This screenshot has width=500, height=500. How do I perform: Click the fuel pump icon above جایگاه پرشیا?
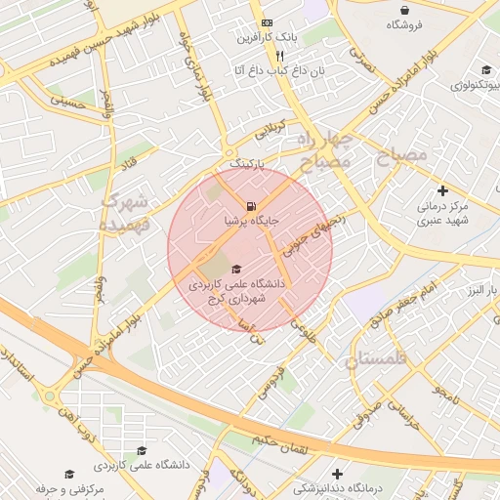pos(252,206)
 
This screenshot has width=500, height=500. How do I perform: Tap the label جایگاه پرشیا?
pos(252,222)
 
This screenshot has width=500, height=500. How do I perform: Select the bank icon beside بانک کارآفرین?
pos(268,22)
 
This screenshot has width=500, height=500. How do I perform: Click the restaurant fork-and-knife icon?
pos(254,56)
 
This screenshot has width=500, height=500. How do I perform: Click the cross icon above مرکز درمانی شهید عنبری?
pos(442,190)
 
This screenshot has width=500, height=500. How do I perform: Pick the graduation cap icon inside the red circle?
pos(237,269)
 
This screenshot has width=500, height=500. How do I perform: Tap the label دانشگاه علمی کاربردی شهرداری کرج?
pos(237,291)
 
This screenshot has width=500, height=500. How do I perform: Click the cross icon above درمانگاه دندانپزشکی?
pos(337,473)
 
